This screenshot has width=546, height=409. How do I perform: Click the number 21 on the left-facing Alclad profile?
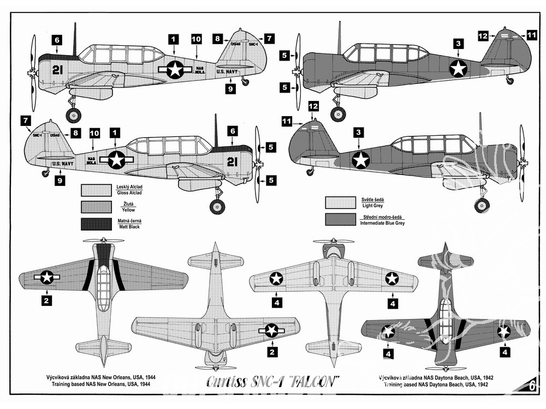(x=58, y=69)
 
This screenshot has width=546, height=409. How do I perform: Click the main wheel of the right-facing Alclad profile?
(x=217, y=206)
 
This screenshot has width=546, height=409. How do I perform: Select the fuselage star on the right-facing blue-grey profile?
(x=360, y=160)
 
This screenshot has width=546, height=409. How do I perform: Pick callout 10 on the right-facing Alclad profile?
(x=94, y=133)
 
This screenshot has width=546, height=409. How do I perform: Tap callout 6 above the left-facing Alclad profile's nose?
(x=58, y=39)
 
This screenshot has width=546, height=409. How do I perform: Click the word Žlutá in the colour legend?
(x=122, y=204)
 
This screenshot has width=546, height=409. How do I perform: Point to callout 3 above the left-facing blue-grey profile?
(x=458, y=43)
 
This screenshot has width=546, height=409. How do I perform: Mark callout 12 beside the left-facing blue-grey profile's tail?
(x=483, y=35)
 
